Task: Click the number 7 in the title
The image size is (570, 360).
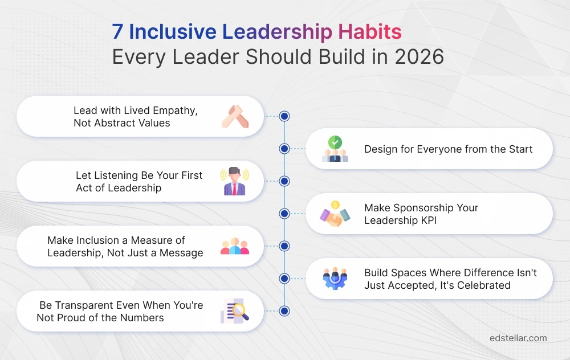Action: click(117, 32)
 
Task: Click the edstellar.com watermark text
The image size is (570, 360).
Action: click(518, 338)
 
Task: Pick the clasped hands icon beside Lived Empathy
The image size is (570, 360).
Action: click(235, 116)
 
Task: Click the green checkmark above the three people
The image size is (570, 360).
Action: click(335, 142)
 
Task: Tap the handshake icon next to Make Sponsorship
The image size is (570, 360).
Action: click(335, 214)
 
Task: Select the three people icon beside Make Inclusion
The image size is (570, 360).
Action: click(235, 247)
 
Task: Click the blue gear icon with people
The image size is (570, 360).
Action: click(335, 279)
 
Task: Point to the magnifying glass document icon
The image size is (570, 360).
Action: click(235, 311)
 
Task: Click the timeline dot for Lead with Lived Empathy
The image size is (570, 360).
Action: click(284, 116)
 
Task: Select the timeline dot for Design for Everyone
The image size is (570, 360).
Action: click(284, 149)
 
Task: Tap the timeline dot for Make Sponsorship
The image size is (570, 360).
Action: click(284, 214)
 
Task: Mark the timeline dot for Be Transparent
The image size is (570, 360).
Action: click(284, 311)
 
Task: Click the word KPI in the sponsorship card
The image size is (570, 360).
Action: click(427, 220)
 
